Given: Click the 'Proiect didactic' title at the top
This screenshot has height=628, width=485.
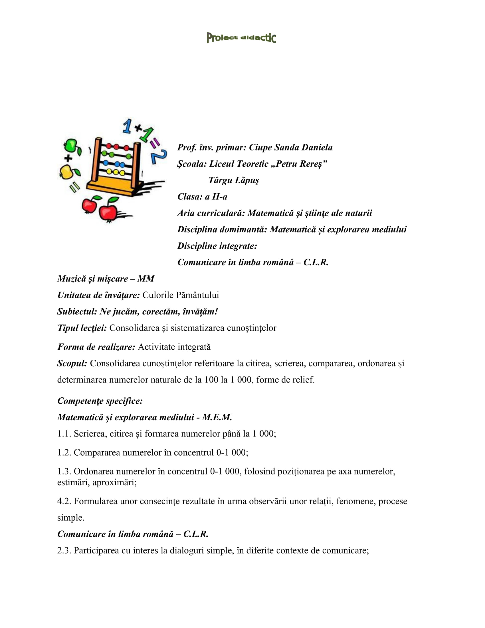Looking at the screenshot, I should tap(241, 38).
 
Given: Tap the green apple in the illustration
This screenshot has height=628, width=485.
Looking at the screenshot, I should tap(71, 146).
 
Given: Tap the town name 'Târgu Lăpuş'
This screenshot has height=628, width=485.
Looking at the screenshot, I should tap(234, 180).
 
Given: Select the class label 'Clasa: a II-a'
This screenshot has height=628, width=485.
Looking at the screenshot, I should tap(202, 197).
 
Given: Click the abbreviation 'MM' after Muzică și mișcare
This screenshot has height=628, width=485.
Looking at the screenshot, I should tap(146, 279).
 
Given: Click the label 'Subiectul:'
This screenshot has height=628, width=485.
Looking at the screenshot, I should tap(77, 311).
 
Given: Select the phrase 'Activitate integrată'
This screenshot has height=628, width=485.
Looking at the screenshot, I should tap(174, 347).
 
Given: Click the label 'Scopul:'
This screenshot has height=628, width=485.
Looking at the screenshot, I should tap(72, 363).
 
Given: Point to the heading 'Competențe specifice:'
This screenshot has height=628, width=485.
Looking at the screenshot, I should tap(100, 401).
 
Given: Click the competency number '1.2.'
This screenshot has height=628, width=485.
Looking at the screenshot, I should tap(64, 453).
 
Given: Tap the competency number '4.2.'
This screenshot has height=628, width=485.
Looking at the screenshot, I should tap(64, 501).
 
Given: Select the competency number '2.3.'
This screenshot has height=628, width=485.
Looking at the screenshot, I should tap(64, 550).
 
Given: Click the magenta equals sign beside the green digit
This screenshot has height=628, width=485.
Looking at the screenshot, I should tap(155, 143).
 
